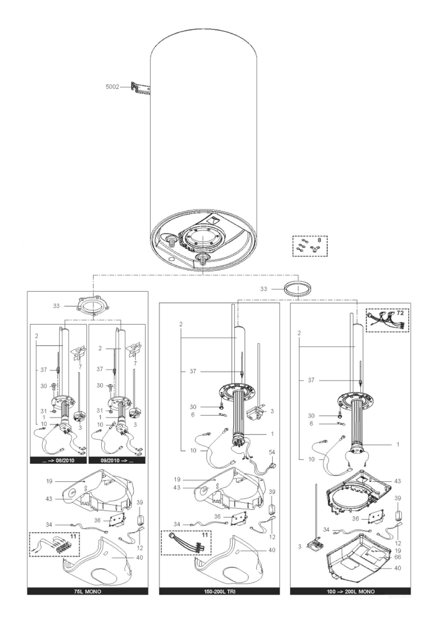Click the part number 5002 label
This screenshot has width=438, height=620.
112,87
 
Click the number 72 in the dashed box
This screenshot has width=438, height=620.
400,313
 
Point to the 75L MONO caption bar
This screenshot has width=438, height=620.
88,591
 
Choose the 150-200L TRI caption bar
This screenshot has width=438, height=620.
219,591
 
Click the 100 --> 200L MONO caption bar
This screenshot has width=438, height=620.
350,591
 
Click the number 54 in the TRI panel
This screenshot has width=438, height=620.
272,452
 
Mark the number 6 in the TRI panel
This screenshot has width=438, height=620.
193,414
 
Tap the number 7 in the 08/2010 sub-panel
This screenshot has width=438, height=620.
80,367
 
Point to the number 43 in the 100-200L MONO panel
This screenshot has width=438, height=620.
398,481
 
